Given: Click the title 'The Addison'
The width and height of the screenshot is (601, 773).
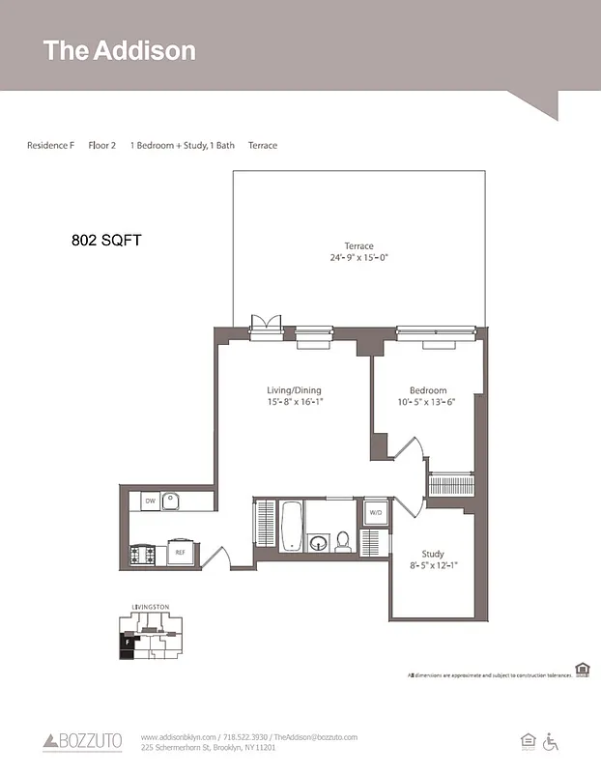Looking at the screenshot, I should tap(119, 51).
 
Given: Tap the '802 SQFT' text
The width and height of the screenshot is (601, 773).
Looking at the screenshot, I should tap(106, 240).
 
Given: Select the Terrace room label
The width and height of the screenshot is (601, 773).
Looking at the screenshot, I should tap(358, 245).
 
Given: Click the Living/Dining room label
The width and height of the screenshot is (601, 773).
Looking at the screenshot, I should tap(294, 390).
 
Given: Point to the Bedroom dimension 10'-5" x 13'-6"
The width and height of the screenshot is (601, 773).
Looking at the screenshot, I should tap(427, 402).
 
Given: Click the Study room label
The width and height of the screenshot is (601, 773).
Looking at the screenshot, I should tap(433, 554).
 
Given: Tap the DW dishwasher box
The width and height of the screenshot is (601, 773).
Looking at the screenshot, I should tap(150, 501).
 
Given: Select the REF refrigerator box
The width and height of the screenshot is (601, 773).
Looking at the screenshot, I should tap(179, 553).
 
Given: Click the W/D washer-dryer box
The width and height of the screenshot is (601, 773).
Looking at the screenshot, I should tap(376, 513).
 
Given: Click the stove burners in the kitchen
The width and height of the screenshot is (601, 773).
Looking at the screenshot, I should tap(141, 555).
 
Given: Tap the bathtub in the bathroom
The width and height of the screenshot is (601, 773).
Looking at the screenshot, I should tap(291, 526).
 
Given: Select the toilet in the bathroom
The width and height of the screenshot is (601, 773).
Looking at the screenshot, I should tap(343, 541).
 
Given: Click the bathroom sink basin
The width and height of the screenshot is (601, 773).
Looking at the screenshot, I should tap(318, 542).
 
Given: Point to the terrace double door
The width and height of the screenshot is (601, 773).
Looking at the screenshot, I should tap(266, 326).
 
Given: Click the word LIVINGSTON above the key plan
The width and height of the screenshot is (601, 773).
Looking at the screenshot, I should tap(150, 607).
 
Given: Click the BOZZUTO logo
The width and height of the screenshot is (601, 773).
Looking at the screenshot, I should tap(83, 741).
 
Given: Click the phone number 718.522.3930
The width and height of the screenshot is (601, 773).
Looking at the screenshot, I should tap(245, 737).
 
